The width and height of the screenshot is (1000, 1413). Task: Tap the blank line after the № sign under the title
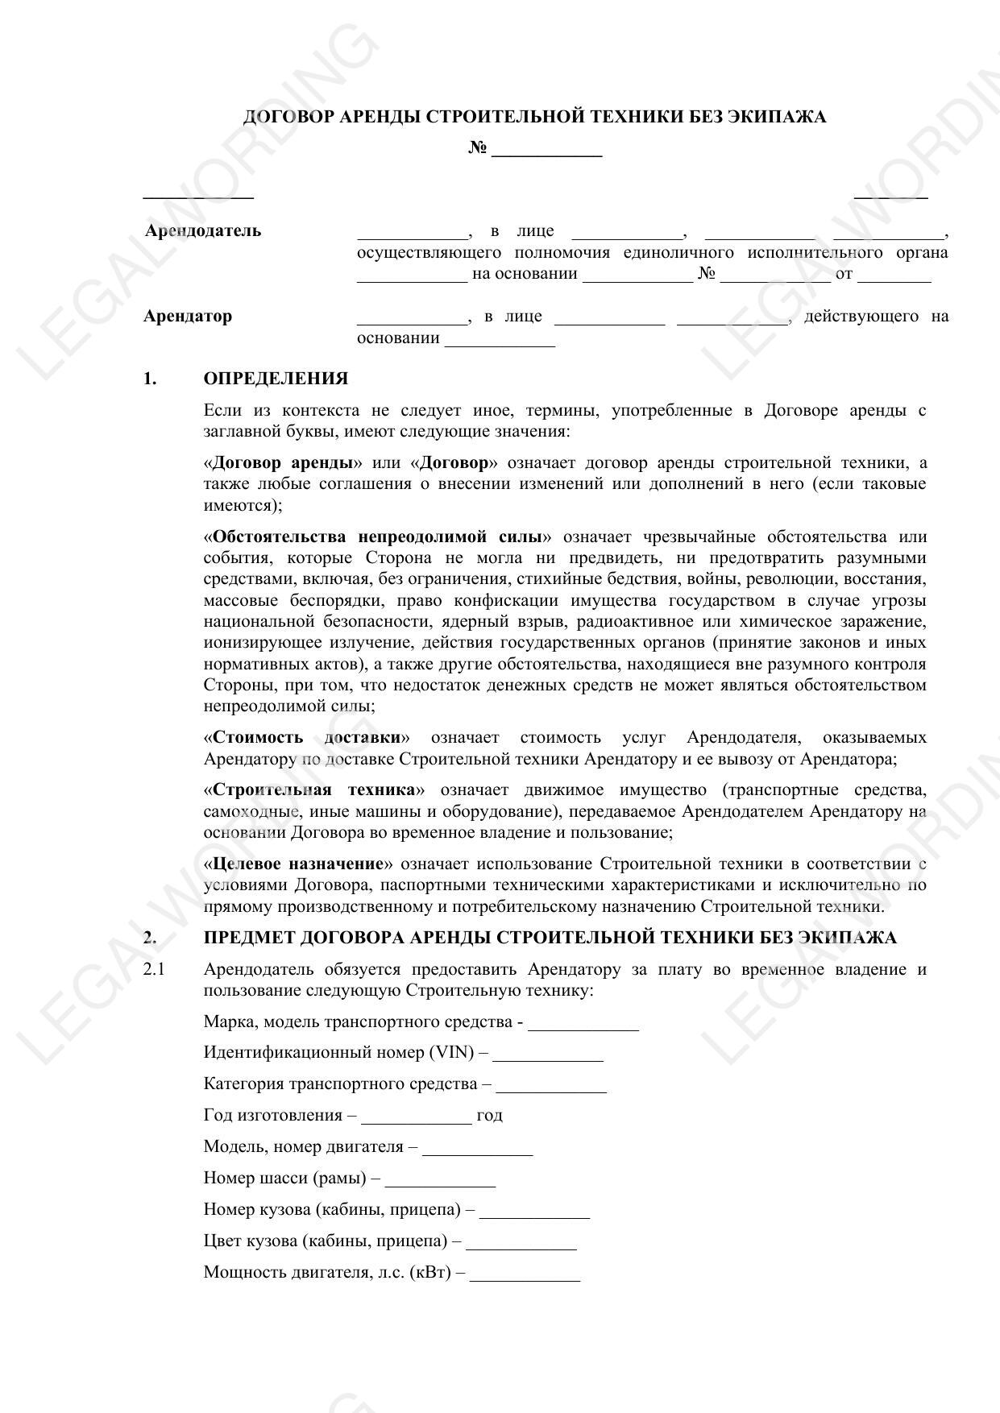tap(546, 150)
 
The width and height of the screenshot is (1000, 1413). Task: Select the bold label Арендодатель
tap(203, 231)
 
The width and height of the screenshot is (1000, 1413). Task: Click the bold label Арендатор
tap(188, 316)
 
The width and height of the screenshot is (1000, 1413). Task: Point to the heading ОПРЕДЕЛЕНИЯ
tap(276, 379)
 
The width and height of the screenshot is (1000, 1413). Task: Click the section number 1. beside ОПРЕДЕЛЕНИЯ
tap(150, 379)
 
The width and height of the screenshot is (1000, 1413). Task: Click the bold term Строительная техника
tap(314, 790)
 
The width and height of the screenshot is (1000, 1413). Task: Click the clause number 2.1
tap(153, 969)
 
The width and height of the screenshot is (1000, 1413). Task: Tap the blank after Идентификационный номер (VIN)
tap(547, 1055)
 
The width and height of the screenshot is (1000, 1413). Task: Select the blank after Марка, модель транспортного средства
tap(583, 1024)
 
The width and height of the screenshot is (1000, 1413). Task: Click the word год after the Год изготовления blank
tap(489, 1116)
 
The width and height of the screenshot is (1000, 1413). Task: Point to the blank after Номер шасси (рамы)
tap(440, 1180)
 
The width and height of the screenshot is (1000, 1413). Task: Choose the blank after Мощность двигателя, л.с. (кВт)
tap(525, 1274)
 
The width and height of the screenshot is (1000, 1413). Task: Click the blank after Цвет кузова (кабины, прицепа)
tap(521, 1243)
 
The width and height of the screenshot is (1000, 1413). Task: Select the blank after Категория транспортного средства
tap(551, 1086)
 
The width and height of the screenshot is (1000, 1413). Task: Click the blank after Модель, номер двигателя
tap(477, 1149)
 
